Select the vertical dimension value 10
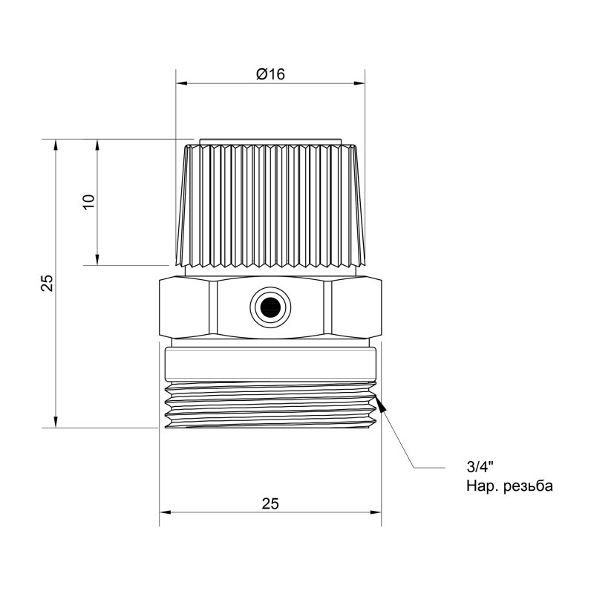tap(88, 201)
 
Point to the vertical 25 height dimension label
tap(46, 283)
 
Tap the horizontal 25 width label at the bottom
tap(270, 503)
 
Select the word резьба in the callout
tap(528, 486)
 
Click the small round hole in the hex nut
tap(268, 305)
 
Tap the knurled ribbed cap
tap(270, 204)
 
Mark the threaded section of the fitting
tap(270, 406)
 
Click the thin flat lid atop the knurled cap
tap(270, 140)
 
